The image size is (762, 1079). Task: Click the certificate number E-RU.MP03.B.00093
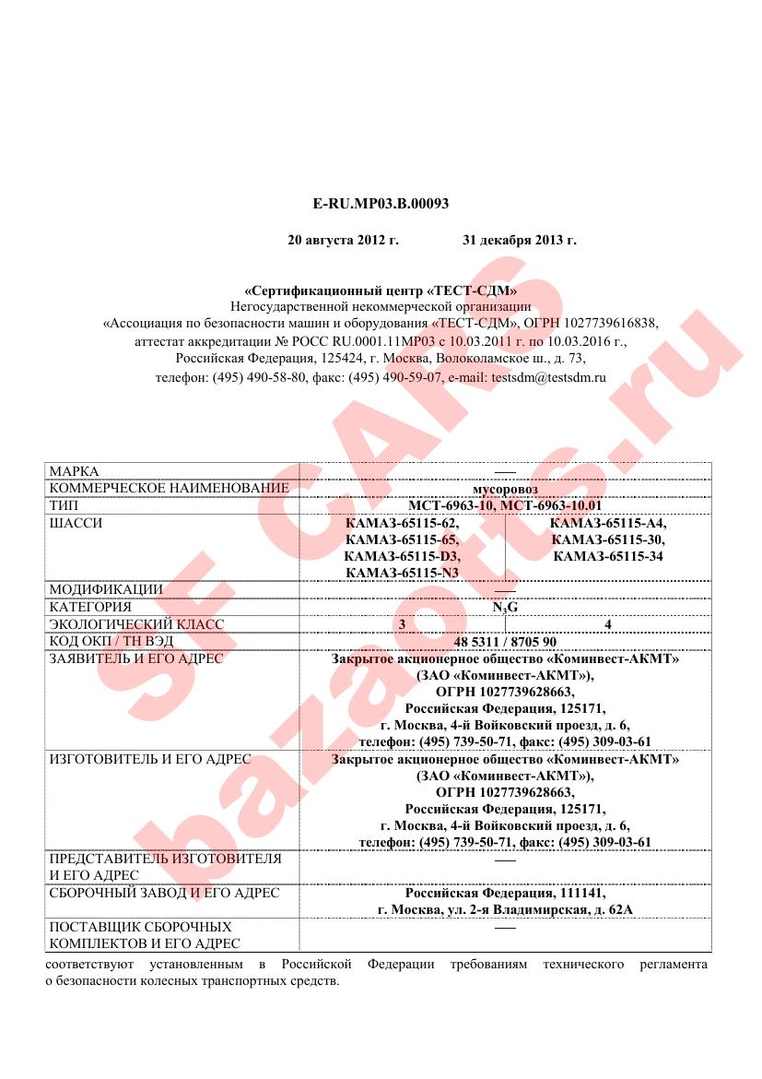coord(381,203)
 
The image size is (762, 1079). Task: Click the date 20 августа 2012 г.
coord(343,240)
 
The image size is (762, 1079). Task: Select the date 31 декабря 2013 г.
coord(519,240)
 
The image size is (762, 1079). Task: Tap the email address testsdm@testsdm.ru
coord(549,377)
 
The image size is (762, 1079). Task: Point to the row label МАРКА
coord(74,470)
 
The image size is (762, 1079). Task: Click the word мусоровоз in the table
coord(505,488)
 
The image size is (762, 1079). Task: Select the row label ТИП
coord(64,506)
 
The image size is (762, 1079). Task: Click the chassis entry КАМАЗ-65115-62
coord(401,523)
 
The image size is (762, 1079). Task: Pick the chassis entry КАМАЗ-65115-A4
coord(608,523)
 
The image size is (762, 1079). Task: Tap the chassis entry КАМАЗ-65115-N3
coord(402,573)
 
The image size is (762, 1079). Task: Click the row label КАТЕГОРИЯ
coord(89,607)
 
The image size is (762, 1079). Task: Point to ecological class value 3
coord(402,624)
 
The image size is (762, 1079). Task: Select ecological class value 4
coord(608,624)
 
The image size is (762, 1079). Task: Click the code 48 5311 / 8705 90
coord(505,642)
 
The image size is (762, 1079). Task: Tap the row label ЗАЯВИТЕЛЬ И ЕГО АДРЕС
coord(135,658)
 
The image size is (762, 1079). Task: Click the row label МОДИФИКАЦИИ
coord(105,589)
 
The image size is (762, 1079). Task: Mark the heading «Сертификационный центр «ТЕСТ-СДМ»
coord(381,290)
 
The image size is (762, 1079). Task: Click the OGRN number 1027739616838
coord(613,323)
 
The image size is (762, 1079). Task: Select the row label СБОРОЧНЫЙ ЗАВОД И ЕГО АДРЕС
coord(163,893)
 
